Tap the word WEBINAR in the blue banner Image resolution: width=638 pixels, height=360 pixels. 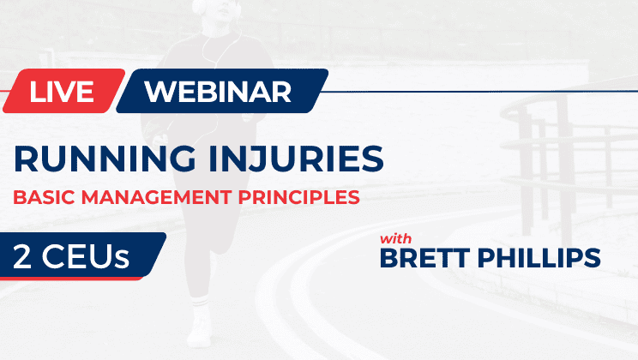click(x=218, y=91)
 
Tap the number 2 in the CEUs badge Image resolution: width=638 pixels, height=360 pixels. click(x=22, y=255)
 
